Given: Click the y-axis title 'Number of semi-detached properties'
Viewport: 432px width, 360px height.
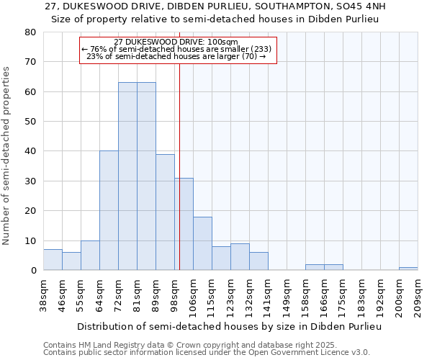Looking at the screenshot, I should click(6, 155).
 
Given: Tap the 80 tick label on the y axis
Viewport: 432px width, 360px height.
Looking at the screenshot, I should click(30, 32).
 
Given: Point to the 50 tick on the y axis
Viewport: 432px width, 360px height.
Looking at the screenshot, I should click(30, 122).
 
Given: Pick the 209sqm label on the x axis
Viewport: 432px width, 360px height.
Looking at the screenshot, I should click(418, 294).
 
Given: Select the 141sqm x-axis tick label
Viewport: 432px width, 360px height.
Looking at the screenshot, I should click(269, 294).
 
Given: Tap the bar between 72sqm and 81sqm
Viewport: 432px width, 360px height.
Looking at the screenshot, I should click(127, 176).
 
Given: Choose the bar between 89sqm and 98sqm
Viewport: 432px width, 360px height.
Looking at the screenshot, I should click(165, 212).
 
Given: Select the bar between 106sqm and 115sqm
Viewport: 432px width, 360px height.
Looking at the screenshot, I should click(202, 243).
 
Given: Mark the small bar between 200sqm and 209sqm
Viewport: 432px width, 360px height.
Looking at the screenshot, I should click(408, 269).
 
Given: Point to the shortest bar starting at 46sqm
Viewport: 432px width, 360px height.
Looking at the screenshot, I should click(71, 261).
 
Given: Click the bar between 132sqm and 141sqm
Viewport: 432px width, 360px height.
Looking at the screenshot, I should click(258, 261).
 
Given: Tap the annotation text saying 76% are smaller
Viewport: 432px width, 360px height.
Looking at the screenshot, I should click(176, 49).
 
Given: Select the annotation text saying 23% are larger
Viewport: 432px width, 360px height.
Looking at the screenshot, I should click(176, 56).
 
